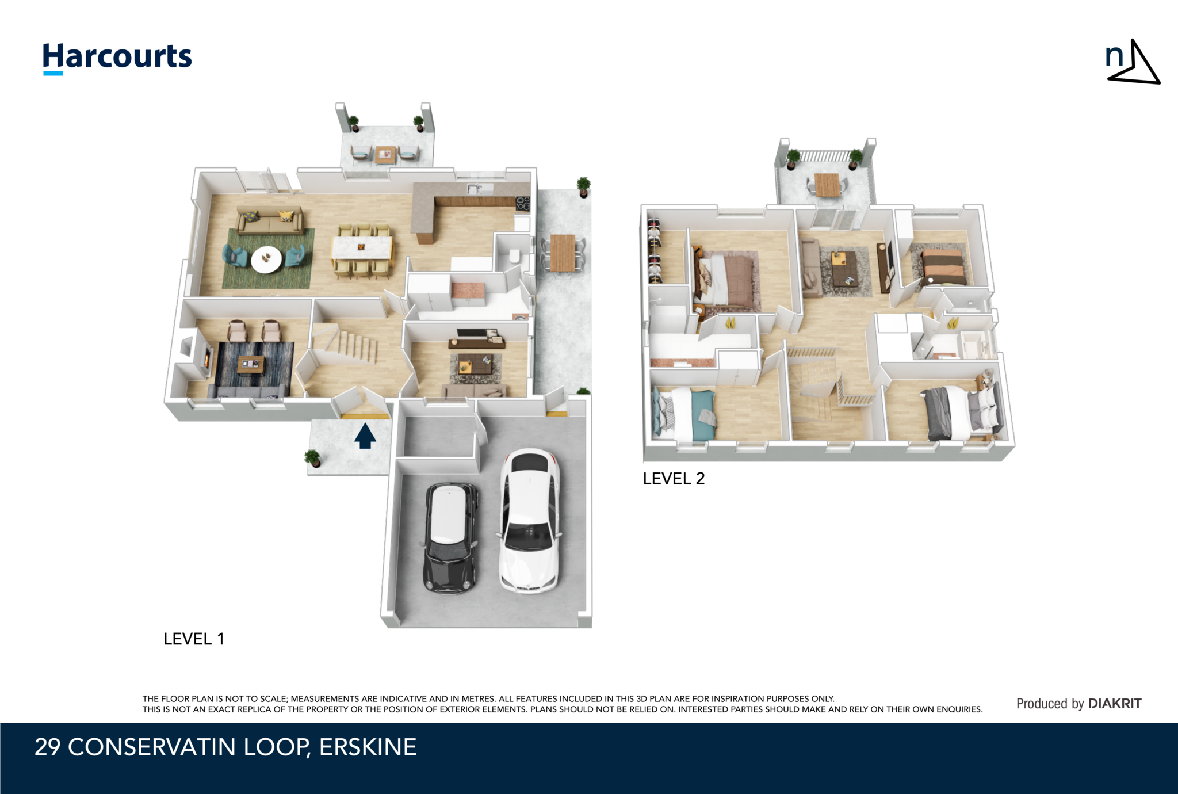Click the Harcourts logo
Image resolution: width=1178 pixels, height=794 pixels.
[117, 58]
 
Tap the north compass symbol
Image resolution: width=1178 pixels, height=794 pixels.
[1132, 63]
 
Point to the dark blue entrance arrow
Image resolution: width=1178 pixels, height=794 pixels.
[365, 436]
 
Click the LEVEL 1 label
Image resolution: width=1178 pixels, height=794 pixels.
[194, 639]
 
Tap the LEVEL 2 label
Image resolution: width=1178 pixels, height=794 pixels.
[674, 478]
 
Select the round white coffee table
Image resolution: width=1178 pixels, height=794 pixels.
[266, 259]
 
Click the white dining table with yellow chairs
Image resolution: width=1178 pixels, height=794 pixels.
[362, 249]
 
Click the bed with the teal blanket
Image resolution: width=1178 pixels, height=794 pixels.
[684, 413]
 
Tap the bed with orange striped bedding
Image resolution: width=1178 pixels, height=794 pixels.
[943, 266]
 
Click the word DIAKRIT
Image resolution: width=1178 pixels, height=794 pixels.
[1115, 703]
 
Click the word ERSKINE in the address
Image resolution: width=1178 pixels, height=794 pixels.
[368, 747]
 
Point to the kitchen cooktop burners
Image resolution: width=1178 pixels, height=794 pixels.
[523, 203]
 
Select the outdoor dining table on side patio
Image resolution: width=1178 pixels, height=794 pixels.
[563, 253]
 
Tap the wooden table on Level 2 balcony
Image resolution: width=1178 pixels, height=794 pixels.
[828, 185]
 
